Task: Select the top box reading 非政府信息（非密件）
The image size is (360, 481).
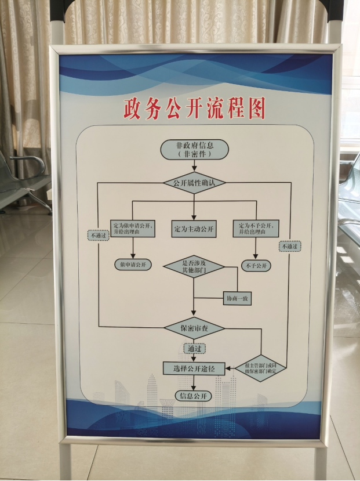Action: (x=194, y=150)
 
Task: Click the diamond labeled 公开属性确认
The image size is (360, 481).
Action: (x=194, y=183)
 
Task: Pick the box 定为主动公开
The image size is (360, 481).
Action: (x=194, y=229)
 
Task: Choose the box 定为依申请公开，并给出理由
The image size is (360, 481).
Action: (x=133, y=229)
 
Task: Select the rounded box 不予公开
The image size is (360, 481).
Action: (x=256, y=265)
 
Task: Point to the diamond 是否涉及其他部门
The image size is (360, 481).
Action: (x=194, y=267)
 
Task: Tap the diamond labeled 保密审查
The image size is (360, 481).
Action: (x=194, y=328)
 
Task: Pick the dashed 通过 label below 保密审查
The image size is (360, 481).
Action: (x=194, y=348)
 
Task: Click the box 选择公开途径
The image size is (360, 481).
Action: (x=194, y=368)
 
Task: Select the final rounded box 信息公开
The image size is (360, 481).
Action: (x=194, y=396)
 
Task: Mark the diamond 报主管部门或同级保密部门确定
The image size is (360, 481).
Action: (x=261, y=367)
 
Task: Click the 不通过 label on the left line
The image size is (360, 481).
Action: (x=97, y=236)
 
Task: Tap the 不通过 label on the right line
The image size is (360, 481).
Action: (x=290, y=247)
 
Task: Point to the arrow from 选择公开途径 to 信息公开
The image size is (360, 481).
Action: (x=194, y=382)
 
